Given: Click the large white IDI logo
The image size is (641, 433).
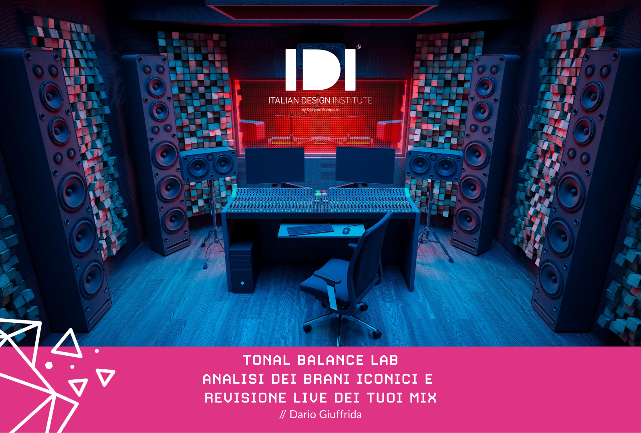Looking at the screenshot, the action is (x=320, y=69).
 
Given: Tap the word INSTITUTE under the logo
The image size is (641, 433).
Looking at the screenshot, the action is (x=352, y=101).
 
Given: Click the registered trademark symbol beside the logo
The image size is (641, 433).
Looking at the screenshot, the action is (x=359, y=47).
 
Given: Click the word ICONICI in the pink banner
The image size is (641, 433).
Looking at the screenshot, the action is (x=387, y=379).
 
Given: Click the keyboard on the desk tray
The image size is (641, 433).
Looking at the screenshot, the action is (x=310, y=229).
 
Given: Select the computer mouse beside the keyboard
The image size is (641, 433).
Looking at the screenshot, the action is (x=346, y=231).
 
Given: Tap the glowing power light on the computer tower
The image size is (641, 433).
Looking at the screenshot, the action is (x=242, y=283).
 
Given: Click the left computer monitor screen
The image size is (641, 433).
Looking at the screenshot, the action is (x=275, y=165).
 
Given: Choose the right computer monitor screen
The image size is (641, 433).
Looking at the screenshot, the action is (x=365, y=165).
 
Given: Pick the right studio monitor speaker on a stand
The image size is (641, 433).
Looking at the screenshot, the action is (x=434, y=164).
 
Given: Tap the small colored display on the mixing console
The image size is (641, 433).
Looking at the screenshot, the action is (x=321, y=193).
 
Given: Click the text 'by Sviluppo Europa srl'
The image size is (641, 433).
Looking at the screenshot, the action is (x=320, y=110).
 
